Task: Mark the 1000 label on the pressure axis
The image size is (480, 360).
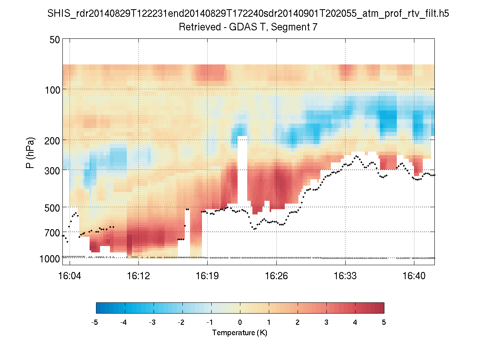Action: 50,259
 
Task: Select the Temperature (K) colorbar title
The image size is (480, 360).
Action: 240,333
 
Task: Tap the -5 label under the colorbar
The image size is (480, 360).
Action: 95,322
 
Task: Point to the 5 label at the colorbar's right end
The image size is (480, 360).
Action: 384,322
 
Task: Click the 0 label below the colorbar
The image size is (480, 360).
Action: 240,322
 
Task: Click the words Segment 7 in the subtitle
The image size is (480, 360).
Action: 297,28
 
